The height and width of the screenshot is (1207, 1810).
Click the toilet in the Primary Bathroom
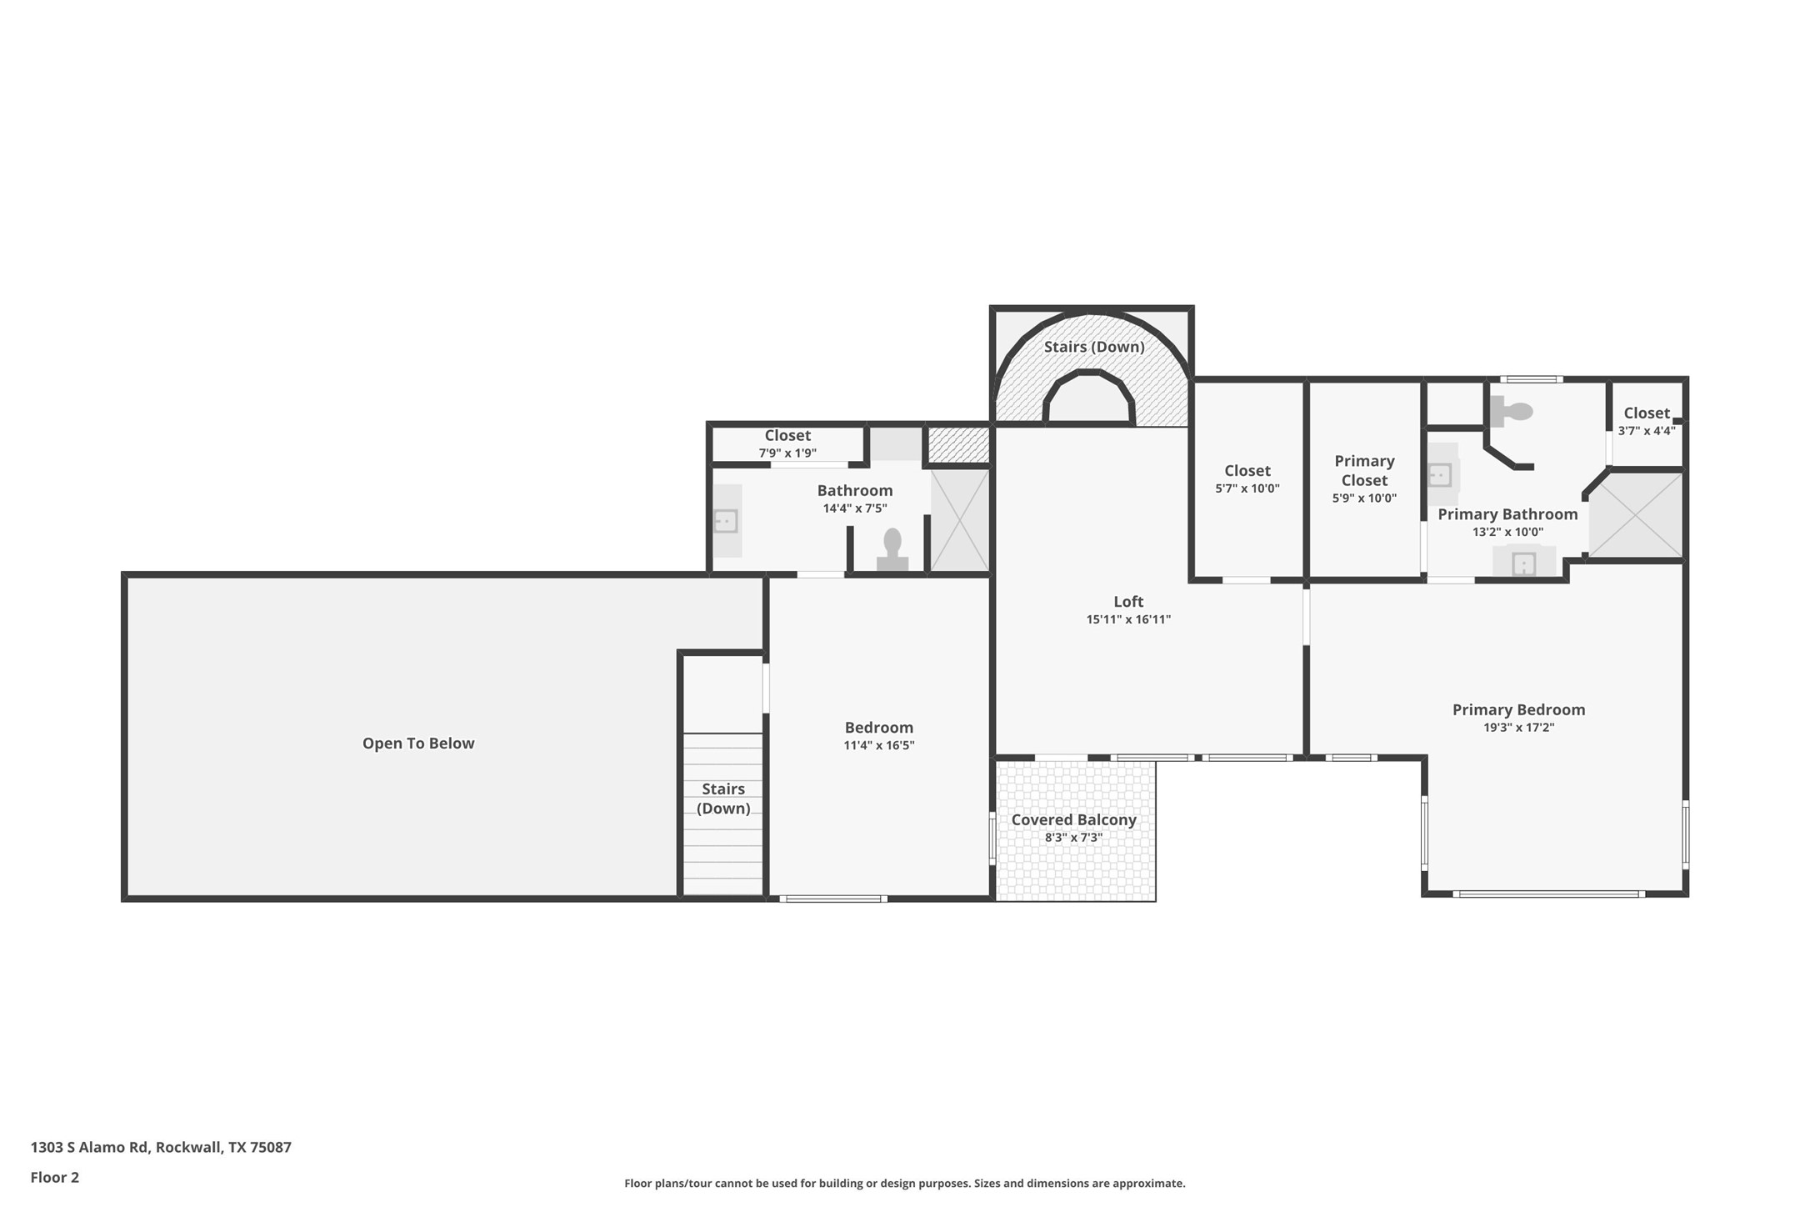[1511, 411]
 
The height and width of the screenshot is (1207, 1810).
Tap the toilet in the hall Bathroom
[892, 549]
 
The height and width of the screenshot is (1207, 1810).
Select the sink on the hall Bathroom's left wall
[727, 521]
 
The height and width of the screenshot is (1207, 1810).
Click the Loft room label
[1128, 602]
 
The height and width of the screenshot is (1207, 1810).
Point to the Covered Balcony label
[1073, 820]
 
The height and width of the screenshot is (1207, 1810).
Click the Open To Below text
[418, 744]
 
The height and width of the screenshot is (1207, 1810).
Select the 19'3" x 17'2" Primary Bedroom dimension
[1518, 728]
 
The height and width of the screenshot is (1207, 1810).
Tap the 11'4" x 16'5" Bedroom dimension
[878, 746]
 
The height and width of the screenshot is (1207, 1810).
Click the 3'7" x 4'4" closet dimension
[1646, 431]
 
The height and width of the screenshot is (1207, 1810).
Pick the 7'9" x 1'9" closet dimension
[787, 453]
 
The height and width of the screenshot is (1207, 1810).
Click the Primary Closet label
[1364, 471]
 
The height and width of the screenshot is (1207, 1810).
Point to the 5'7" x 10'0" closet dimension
[1247, 488]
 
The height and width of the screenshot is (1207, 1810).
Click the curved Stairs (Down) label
[1094, 347]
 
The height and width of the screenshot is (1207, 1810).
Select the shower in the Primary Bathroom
[1637, 515]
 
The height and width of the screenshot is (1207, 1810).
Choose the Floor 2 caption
[55, 1178]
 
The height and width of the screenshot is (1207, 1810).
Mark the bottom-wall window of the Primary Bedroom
[1548, 894]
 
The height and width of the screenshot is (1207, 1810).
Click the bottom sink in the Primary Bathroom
[1523, 563]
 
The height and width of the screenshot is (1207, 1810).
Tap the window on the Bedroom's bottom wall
[832, 899]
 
